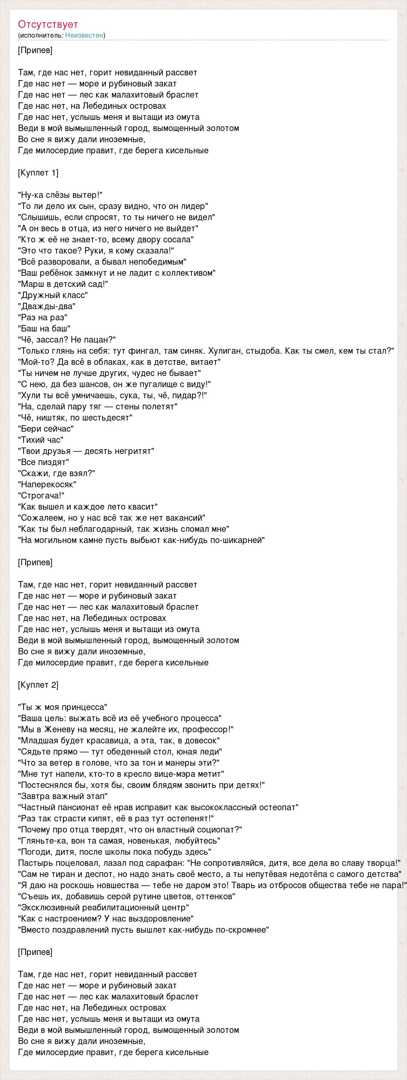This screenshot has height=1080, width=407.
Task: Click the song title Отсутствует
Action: (48, 24)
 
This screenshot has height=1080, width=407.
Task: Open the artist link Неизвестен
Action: (84, 35)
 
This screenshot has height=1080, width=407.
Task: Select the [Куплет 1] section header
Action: (39, 173)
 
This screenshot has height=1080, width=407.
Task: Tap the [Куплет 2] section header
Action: (39, 685)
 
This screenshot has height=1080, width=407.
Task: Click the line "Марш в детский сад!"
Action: (63, 284)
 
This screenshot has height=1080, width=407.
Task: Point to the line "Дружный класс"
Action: (53, 295)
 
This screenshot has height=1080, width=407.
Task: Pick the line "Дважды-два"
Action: (47, 306)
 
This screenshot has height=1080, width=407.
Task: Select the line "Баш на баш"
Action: (44, 328)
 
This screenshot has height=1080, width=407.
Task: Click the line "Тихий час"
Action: (41, 440)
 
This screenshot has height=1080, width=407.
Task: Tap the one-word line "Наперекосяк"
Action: (47, 484)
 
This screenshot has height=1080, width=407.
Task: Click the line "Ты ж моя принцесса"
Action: (63, 707)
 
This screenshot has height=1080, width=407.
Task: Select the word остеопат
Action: (278, 807)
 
